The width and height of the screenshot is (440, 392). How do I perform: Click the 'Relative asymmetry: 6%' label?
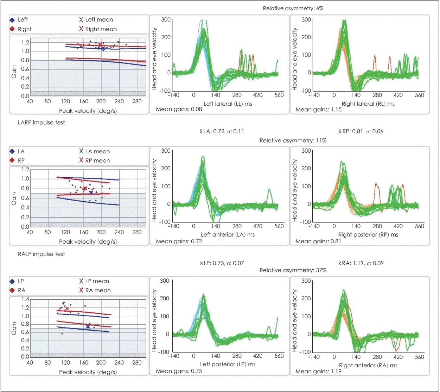pyautogui.click(x=293, y=8)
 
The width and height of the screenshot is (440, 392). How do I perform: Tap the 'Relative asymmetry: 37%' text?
pyautogui.click(x=293, y=270)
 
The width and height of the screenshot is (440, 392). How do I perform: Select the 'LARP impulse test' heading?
pyautogui.click(x=41, y=123)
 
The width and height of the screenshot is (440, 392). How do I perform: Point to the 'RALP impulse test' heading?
pyautogui.click(x=41, y=254)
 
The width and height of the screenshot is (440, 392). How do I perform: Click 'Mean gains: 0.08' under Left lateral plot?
pyautogui.click(x=179, y=109)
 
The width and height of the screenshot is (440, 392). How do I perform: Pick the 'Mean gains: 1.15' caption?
pyautogui.click(x=318, y=110)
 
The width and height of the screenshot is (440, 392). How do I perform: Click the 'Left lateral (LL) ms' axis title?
pyautogui.click(x=228, y=104)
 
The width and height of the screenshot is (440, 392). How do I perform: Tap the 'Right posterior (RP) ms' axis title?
pyautogui.click(x=368, y=235)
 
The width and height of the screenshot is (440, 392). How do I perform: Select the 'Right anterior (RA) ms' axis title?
pyautogui.click(x=368, y=366)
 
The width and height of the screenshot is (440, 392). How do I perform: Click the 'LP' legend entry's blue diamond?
pyautogui.click(x=12, y=281)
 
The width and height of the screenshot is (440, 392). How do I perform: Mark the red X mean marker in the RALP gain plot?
pyautogui.click(x=67, y=308)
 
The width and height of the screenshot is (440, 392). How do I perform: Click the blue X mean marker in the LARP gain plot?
pyautogui.click(x=91, y=192)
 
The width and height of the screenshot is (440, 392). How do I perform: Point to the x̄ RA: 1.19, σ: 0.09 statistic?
pyautogui.click(x=361, y=263)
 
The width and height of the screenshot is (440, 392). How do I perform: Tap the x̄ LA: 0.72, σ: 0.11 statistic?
pyautogui.click(x=222, y=131)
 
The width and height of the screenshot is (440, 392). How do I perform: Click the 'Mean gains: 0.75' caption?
pyautogui.click(x=179, y=371)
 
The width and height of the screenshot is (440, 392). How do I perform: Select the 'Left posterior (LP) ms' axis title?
pyautogui.click(x=228, y=365)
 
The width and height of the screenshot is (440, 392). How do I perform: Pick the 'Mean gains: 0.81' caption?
pyautogui.click(x=318, y=241)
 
